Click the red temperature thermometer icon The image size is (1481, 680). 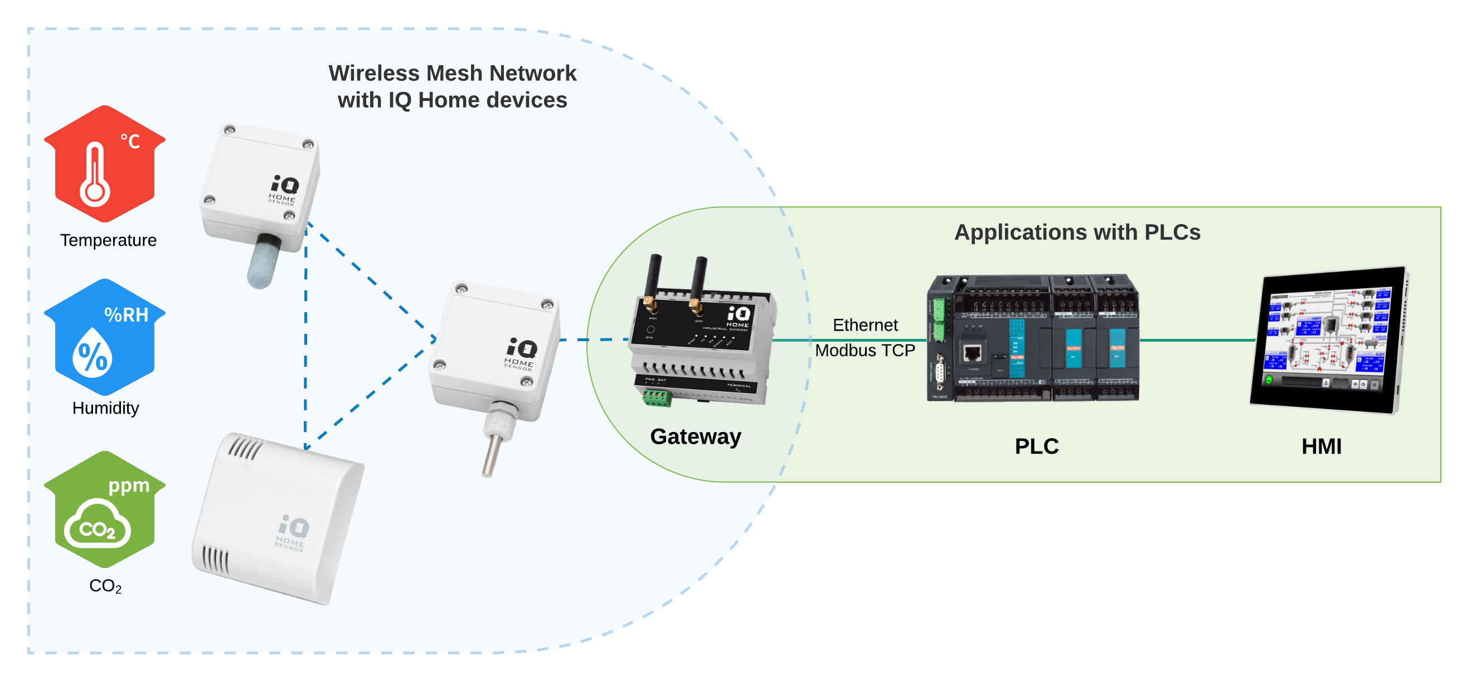(x=105, y=164)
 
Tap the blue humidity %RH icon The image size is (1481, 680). (x=105, y=337)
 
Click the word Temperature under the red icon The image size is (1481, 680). (x=108, y=240)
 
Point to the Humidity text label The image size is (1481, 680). (x=106, y=408)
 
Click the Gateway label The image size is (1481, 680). (x=695, y=437)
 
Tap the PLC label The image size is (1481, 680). (x=1036, y=446)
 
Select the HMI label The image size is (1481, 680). (x=1321, y=446)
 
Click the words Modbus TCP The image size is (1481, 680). (x=865, y=351)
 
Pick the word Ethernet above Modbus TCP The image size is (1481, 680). (x=865, y=326)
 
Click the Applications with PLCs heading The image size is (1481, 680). (x=1077, y=232)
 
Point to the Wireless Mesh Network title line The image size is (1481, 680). (x=452, y=74)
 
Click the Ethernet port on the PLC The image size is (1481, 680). (x=972, y=352)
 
